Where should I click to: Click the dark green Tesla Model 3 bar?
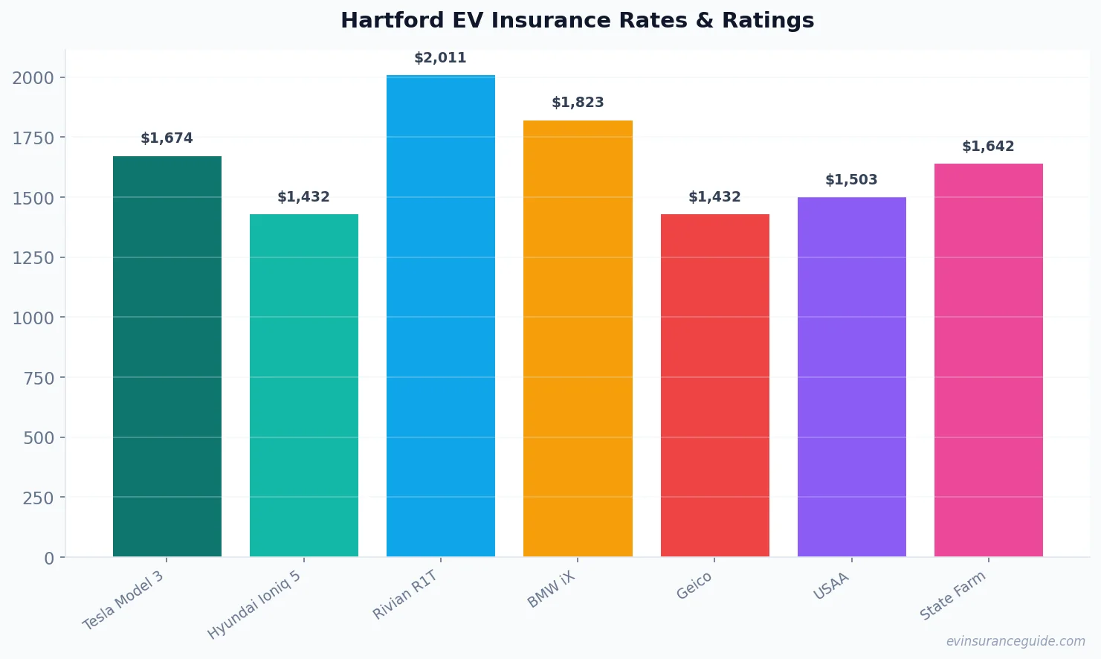[x=167, y=357]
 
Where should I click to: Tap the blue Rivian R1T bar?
[x=440, y=316]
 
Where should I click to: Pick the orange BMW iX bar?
[x=578, y=338]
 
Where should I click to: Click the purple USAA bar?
[x=851, y=377]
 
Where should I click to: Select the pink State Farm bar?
[x=988, y=360]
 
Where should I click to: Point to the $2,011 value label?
[x=440, y=58]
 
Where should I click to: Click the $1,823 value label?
[x=578, y=103]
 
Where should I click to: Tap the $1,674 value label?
[x=167, y=138]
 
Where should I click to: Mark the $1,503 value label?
[x=851, y=180]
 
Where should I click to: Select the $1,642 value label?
[x=988, y=147]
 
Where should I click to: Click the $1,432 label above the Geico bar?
[x=714, y=197]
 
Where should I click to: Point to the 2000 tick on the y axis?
[x=33, y=77]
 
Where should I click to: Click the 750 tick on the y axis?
[x=39, y=378]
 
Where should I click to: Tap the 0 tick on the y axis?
[x=49, y=558]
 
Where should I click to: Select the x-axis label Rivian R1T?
[x=405, y=596]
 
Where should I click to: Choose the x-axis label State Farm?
[x=953, y=596]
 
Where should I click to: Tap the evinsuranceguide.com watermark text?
[x=1015, y=641]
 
